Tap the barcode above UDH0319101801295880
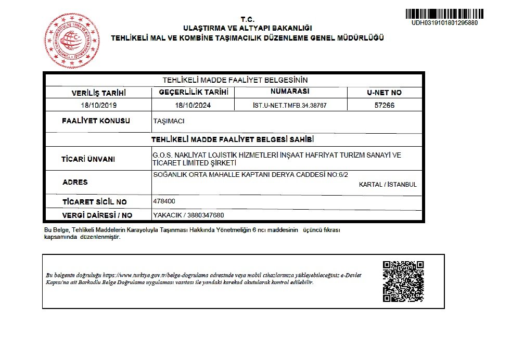[444, 14]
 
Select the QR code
[399, 281]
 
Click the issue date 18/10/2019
[99, 105]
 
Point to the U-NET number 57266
[384, 105]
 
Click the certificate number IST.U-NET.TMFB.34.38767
[290, 105]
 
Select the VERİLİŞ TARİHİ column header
[99, 93]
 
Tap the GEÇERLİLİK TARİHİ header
[193, 92]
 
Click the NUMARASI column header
[290, 92]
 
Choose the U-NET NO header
[384, 93]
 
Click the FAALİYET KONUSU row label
[96, 121]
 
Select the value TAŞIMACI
[169, 121]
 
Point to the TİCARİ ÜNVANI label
[88, 159]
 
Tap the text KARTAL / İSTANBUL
[388, 185]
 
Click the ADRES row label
[75, 182]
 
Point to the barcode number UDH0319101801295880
[444, 23]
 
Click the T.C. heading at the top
[247, 18]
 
